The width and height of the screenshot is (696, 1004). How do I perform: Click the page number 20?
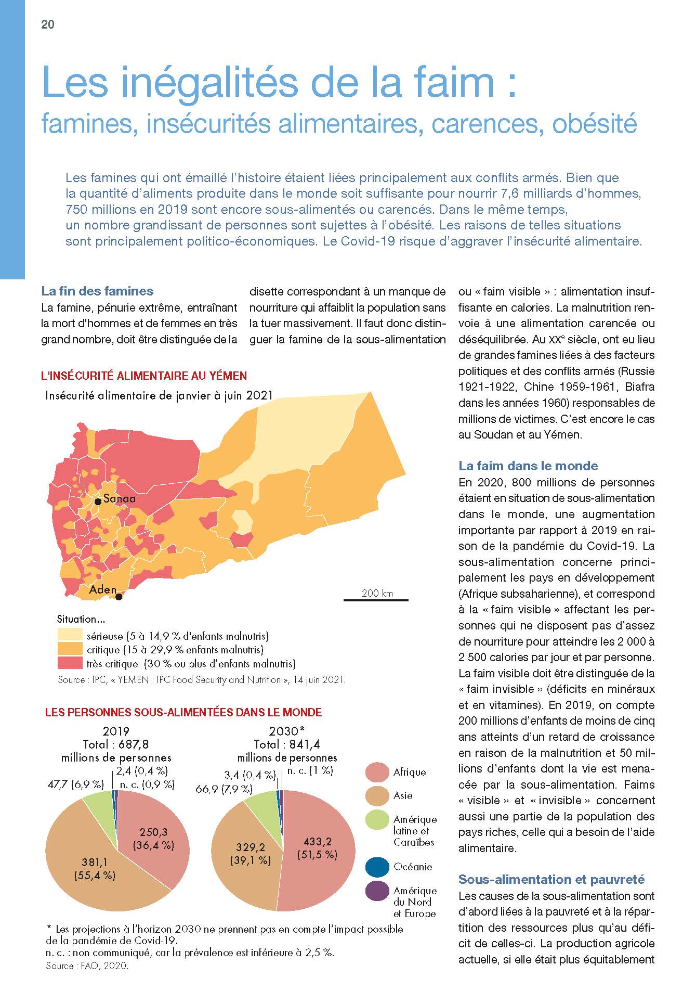[x=48, y=24]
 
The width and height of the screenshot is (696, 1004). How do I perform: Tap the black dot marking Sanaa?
[x=98, y=501]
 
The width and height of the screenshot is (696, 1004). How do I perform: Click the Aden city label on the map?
[x=102, y=589]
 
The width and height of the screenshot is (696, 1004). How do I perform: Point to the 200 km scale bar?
[x=376, y=600]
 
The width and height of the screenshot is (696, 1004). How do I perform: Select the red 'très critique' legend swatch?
[x=70, y=663]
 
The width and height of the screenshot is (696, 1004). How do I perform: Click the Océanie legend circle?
[x=377, y=867]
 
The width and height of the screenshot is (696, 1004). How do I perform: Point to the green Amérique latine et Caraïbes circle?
[x=377, y=819]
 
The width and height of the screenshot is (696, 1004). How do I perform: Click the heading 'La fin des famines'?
[x=97, y=291]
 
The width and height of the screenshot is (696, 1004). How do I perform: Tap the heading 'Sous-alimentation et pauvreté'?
[x=551, y=879]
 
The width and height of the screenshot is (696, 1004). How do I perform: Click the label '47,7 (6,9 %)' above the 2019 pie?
[x=75, y=784]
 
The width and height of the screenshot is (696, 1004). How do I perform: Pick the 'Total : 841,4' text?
[x=287, y=744]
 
